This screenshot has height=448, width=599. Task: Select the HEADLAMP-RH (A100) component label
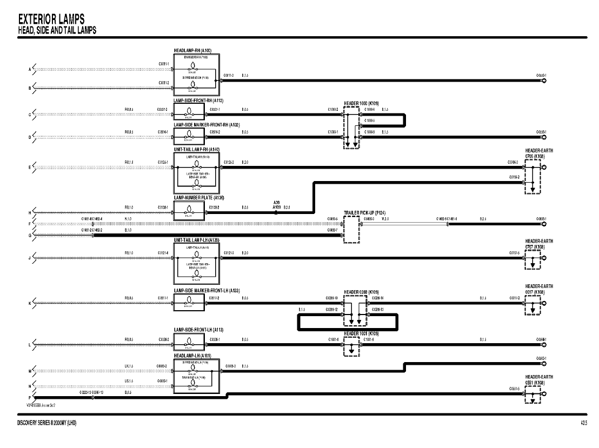193,50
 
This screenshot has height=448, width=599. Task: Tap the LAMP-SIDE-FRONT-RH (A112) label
198,101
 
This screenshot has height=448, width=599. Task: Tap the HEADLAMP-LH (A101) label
192,356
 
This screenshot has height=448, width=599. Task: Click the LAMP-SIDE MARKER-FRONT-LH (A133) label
207,291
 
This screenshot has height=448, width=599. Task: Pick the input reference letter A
30,69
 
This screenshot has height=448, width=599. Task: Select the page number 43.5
583,422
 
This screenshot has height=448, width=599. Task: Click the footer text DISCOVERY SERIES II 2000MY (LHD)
46,422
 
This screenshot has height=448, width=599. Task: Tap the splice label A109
276,207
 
